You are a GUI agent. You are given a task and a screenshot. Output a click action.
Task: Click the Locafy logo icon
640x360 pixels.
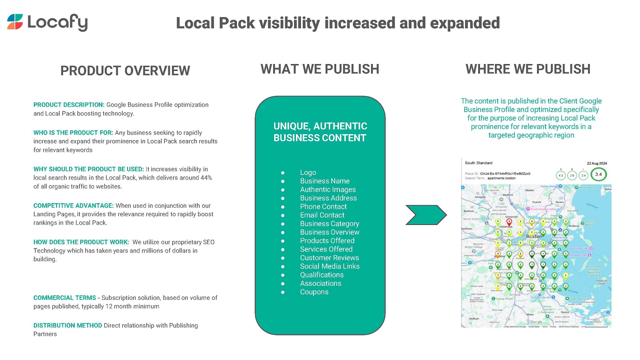pyautogui.click(x=15, y=22)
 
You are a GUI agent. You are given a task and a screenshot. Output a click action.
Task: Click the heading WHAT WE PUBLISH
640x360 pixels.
pyautogui.click(x=320, y=69)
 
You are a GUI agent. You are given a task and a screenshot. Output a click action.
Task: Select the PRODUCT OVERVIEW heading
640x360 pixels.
pyautogui.click(x=125, y=71)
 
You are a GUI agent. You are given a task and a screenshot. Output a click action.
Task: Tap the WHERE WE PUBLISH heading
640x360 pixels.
pyautogui.click(x=528, y=69)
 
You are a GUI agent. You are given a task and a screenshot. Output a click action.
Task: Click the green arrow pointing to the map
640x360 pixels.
pyautogui.click(x=426, y=215)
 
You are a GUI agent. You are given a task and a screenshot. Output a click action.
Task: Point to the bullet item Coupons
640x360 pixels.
pyautogui.click(x=314, y=292)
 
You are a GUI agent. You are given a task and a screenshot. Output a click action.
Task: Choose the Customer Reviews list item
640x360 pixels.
pyautogui.click(x=329, y=257)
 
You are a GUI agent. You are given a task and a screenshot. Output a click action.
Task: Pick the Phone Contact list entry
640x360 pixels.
pyautogui.click(x=323, y=206)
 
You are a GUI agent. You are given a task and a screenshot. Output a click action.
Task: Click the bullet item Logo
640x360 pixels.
pyautogui.click(x=308, y=172)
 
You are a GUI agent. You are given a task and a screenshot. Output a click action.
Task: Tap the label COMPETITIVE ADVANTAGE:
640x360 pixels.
pyautogui.click(x=73, y=206)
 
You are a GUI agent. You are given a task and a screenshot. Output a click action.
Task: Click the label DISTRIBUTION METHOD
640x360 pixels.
pyautogui.click(x=68, y=325)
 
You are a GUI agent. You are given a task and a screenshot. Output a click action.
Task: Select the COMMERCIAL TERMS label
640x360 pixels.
pyautogui.click(x=64, y=297)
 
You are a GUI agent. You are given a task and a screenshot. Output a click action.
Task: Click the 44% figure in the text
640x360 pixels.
pyautogui.click(x=205, y=178)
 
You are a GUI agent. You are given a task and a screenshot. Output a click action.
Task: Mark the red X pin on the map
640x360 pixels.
pyautogui.click(x=509, y=222)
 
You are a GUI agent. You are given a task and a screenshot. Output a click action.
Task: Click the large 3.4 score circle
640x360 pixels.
pyautogui.click(x=599, y=175)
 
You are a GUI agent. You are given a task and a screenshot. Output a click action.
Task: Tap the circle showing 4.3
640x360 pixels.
pyautogui.click(x=561, y=175)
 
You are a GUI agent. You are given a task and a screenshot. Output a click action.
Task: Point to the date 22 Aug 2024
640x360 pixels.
pyautogui.click(x=596, y=163)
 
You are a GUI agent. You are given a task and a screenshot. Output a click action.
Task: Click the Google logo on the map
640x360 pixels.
pyautogui.click(x=536, y=322)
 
